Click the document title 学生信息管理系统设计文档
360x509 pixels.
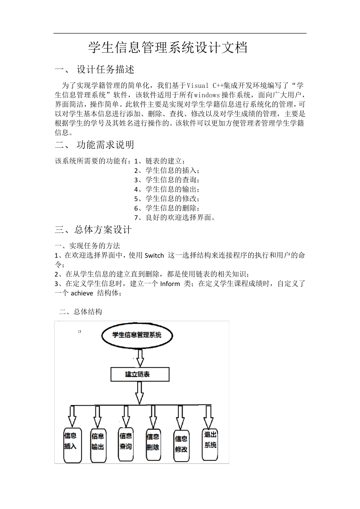[168, 48]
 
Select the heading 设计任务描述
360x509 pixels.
[105, 70]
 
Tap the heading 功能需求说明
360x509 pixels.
[105, 145]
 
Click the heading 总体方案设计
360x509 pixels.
[103, 230]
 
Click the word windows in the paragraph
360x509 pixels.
[206, 95]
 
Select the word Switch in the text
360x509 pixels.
[154, 256]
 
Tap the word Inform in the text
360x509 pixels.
[170, 284]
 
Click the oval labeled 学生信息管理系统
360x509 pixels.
[137, 335]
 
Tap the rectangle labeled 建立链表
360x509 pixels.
[139, 374]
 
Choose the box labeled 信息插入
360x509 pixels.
[72, 445]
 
